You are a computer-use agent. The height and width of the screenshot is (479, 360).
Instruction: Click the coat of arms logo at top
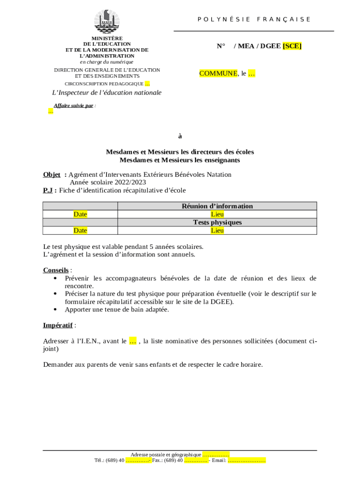pyautogui.click(x=107, y=22)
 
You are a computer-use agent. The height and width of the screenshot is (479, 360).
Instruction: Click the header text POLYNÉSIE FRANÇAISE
pyautogui.click(x=254, y=19)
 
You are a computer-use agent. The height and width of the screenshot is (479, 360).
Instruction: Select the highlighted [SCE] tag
pyautogui.click(x=292, y=46)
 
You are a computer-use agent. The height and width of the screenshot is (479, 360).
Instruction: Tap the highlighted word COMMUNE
pyautogui.click(x=218, y=73)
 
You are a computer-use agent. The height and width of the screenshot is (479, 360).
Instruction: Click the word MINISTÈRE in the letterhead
pyautogui.click(x=107, y=38)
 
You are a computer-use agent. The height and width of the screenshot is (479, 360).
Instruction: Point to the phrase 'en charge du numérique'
pyautogui.click(x=107, y=62)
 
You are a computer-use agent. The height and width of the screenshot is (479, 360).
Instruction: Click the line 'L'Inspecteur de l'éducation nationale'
pyautogui.click(x=107, y=93)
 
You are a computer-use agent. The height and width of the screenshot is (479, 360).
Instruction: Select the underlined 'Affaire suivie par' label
pyautogui.click(x=73, y=106)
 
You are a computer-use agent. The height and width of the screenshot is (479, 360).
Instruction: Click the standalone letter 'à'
pyautogui.click(x=180, y=136)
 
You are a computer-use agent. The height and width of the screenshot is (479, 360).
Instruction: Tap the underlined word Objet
pyautogui.click(x=52, y=174)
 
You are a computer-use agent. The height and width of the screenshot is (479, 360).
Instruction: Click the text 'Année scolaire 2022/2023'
pyautogui.click(x=108, y=182)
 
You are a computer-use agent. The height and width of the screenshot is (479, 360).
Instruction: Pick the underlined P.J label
pyautogui.click(x=49, y=190)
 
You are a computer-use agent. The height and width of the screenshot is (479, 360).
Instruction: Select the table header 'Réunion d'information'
pyautogui.click(x=217, y=206)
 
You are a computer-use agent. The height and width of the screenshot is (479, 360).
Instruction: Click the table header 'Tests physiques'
pyautogui.click(x=217, y=222)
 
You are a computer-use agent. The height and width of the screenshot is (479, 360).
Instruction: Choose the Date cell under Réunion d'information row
pyautogui.click(x=80, y=214)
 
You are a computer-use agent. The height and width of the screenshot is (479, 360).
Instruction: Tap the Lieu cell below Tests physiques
pyautogui.click(x=217, y=230)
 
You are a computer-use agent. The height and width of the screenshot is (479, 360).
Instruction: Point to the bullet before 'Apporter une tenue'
pyautogui.click(x=56, y=310)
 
